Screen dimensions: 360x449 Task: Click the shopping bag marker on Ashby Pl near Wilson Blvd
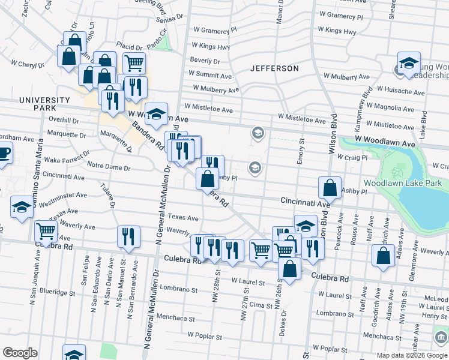[x=330, y=187]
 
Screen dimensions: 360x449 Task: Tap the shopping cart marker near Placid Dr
[x=134, y=62]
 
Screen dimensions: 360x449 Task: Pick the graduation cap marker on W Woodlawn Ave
[x=156, y=113]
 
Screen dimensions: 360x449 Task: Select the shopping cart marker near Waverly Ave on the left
[x=46, y=231]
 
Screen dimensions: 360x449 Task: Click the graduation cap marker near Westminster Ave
[x=22, y=208]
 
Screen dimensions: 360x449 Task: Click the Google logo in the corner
[x=20, y=353]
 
